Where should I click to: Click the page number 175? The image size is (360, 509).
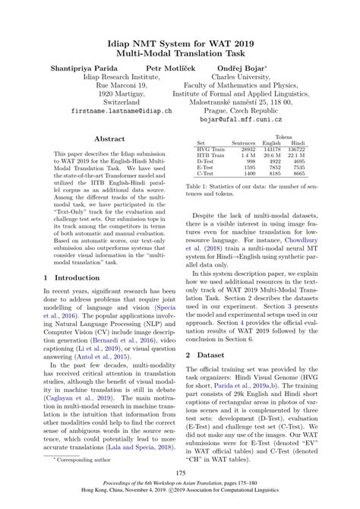180,473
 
